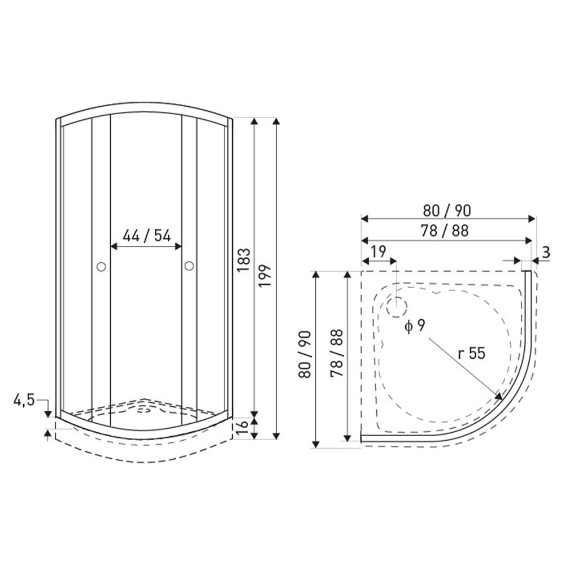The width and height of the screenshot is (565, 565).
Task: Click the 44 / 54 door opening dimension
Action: (147, 236)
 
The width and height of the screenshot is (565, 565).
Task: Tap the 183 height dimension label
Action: (244, 260)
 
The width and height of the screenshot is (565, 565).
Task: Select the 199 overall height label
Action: (265, 276)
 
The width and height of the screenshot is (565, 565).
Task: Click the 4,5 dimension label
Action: (24, 399)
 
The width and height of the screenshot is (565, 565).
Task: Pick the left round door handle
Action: (101, 267)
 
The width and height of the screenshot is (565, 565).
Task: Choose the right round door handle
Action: (189, 266)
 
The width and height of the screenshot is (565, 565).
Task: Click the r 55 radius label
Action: (471, 354)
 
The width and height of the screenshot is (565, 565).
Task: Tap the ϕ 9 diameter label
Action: (415, 326)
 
